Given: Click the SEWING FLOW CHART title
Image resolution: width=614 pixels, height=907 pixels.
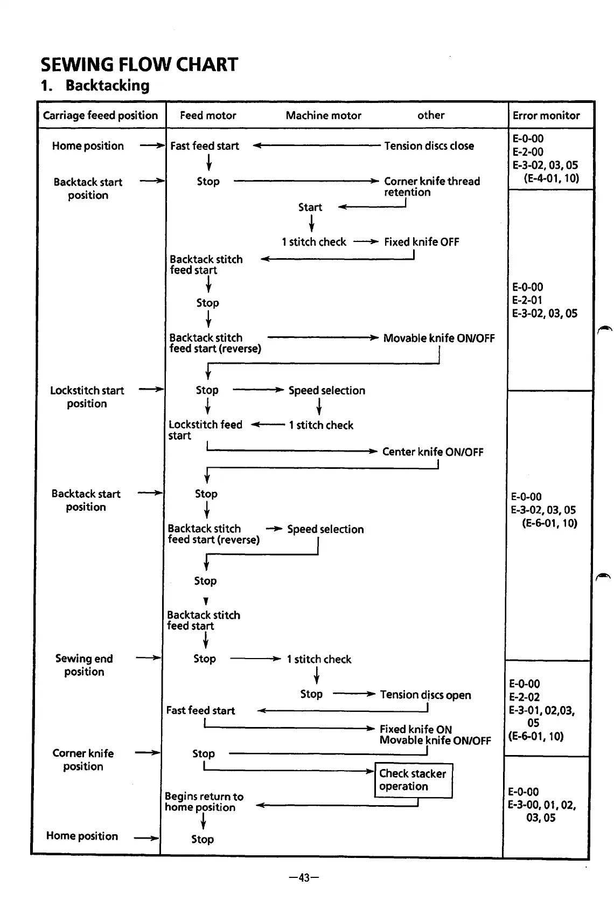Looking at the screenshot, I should coord(139,65).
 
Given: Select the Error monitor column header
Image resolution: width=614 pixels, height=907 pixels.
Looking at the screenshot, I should coord(546,115).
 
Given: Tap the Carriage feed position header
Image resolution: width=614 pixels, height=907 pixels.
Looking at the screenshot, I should coord(100,115).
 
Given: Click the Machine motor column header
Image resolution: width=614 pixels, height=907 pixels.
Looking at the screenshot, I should coord(323,115).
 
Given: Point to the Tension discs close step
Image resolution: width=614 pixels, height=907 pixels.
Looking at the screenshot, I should coord(429,146).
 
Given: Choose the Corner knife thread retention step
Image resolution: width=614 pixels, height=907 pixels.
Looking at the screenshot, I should coord(431,186).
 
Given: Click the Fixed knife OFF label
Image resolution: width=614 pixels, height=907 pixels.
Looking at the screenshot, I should coord(421,242).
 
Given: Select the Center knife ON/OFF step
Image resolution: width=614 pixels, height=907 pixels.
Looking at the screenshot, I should coord(432,452).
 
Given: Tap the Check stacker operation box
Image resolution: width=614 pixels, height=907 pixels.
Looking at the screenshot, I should coord(413,780).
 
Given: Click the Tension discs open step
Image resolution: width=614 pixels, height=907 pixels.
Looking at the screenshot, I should coord(425,695).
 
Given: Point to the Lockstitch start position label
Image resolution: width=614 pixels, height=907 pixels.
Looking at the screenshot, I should coord(87,397).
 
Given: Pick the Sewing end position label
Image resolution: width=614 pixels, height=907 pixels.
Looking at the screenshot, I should coord(84,664).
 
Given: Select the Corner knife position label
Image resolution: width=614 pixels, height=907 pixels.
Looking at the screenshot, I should coord(83,759).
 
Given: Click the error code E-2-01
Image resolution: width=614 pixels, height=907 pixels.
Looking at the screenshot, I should coord(527,300).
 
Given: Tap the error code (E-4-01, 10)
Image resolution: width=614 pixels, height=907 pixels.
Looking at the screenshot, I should coord(551,178).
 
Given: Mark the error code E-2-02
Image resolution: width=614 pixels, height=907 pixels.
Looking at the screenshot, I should coord(524,697).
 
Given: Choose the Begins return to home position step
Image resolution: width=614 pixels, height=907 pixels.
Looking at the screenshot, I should coord(204,801).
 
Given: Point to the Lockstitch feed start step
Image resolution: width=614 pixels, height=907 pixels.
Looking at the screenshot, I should coord(205,430).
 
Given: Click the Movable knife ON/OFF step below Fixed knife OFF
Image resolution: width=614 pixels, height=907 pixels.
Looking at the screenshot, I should coord(438,338).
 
